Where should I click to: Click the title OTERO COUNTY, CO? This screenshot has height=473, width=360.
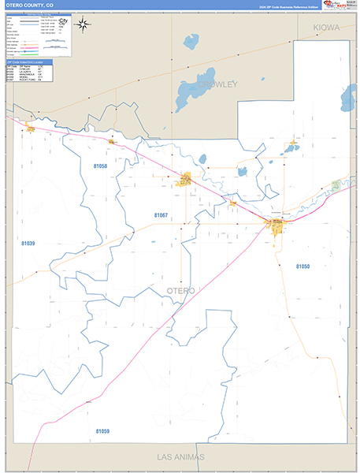[29, 5]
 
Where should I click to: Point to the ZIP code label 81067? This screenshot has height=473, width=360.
[161, 215]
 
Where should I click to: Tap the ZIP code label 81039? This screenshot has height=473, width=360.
[28, 244]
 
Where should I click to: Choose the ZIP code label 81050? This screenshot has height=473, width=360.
[303, 267]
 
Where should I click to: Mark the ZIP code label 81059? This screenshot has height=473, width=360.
[102, 431]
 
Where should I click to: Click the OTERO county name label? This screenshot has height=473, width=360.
[182, 291]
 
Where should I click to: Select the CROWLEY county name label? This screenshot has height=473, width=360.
[217, 84]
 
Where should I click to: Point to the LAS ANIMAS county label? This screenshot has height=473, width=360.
[180, 457]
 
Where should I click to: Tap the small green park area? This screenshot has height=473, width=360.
[336, 184]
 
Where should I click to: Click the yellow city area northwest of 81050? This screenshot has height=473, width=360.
[277, 226]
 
